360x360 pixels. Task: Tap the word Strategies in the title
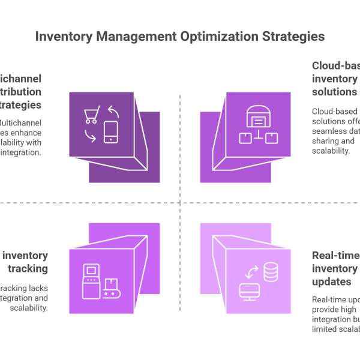pos(293,37)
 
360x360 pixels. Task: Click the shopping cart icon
pos(92,115)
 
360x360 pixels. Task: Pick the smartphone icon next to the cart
pos(111,132)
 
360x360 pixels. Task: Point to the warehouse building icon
pos(258,119)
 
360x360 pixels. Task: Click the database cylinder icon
pos(271,273)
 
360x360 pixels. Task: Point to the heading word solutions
pos(334,92)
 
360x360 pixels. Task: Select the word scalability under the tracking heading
pos(28,308)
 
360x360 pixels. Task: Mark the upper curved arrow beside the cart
pos(113,112)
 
